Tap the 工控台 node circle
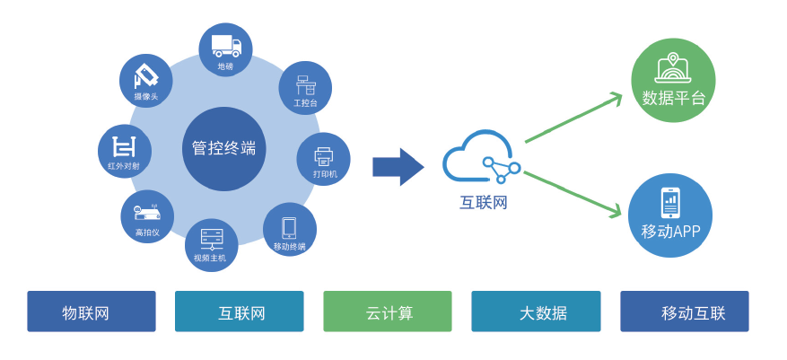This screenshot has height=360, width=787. click(x=305, y=88)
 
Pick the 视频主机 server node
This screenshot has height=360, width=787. click(x=211, y=244)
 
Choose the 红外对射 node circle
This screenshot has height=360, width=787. click(x=124, y=151)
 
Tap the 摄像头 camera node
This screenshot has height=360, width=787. click(x=145, y=81)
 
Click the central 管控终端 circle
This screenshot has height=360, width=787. click(x=223, y=149)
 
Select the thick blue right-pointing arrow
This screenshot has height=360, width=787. click(x=398, y=167)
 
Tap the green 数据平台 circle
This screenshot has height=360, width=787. click(x=673, y=80)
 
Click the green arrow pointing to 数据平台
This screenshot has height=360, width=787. click(x=574, y=118)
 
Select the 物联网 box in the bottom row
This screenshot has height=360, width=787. click(x=91, y=312)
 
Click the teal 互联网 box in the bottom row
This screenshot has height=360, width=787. click(x=240, y=312)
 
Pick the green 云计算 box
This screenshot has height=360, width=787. click(x=388, y=312)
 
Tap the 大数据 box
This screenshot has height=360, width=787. click(x=536, y=312)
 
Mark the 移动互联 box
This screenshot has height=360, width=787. click(x=684, y=312)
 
